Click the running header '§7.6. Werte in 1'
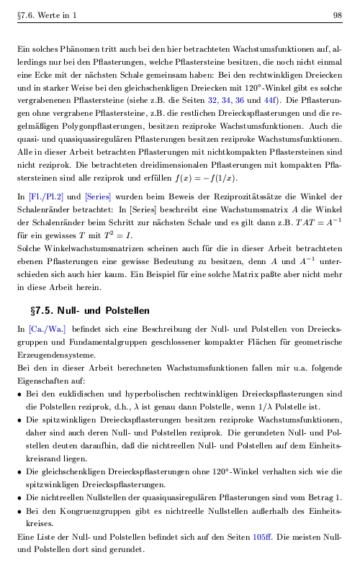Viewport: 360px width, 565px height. [46, 15]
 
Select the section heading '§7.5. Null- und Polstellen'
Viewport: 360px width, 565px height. [90, 312]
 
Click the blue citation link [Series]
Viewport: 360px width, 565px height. [98, 195]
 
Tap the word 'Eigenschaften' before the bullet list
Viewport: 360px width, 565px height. [46, 381]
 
